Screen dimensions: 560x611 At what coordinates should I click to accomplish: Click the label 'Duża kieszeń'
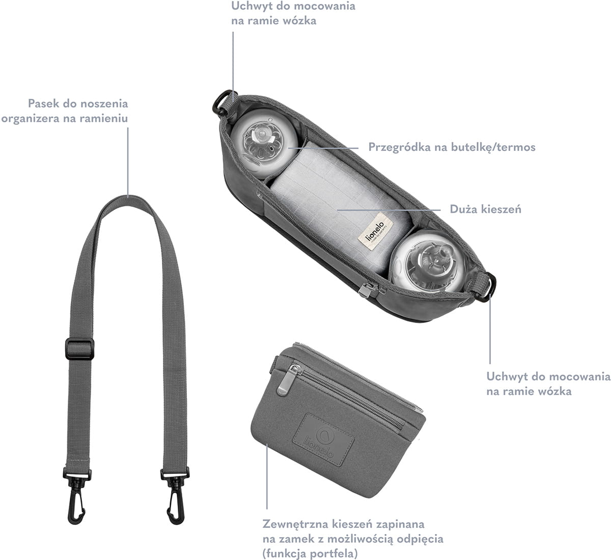point(485,209)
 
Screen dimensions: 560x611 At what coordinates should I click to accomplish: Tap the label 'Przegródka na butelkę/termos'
point(452,147)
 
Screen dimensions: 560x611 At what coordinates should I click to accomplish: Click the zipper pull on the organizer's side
point(365,290)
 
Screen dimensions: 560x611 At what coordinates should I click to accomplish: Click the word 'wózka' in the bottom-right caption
point(552,391)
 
